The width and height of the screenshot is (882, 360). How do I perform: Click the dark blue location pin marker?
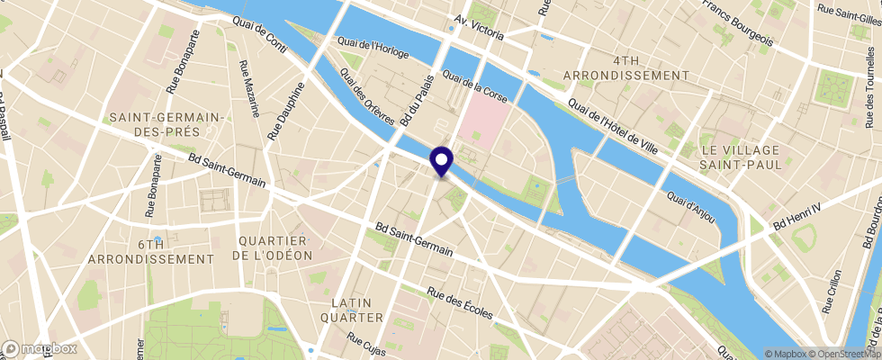(x=442, y=161)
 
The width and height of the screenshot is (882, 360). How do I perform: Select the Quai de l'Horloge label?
(x=373, y=48)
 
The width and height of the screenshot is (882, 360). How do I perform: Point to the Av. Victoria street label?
(x=490, y=28)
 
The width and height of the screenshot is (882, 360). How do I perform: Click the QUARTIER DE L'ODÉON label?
(x=273, y=247)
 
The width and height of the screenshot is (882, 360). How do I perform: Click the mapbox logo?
(x=40, y=348)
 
